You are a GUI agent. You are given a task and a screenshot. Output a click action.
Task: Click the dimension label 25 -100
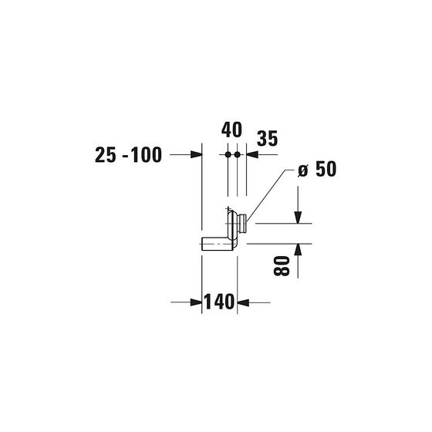point(128,155)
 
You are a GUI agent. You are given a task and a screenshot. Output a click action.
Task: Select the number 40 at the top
point(231,130)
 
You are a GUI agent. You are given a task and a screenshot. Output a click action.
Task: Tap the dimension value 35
point(267,138)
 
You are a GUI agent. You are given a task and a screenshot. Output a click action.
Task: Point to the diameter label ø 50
point(317,169)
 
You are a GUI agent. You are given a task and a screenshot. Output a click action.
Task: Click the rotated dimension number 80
point(282,266)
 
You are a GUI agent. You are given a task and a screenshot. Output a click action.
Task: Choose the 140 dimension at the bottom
point(219,302)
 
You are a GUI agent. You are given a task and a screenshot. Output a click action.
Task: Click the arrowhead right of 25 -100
point(197,154)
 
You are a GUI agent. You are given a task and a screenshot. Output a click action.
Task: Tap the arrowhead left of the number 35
point(252,154)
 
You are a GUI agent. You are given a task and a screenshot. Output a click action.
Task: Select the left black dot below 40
point(228,154)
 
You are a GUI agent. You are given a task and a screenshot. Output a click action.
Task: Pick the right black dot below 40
point(238,154)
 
